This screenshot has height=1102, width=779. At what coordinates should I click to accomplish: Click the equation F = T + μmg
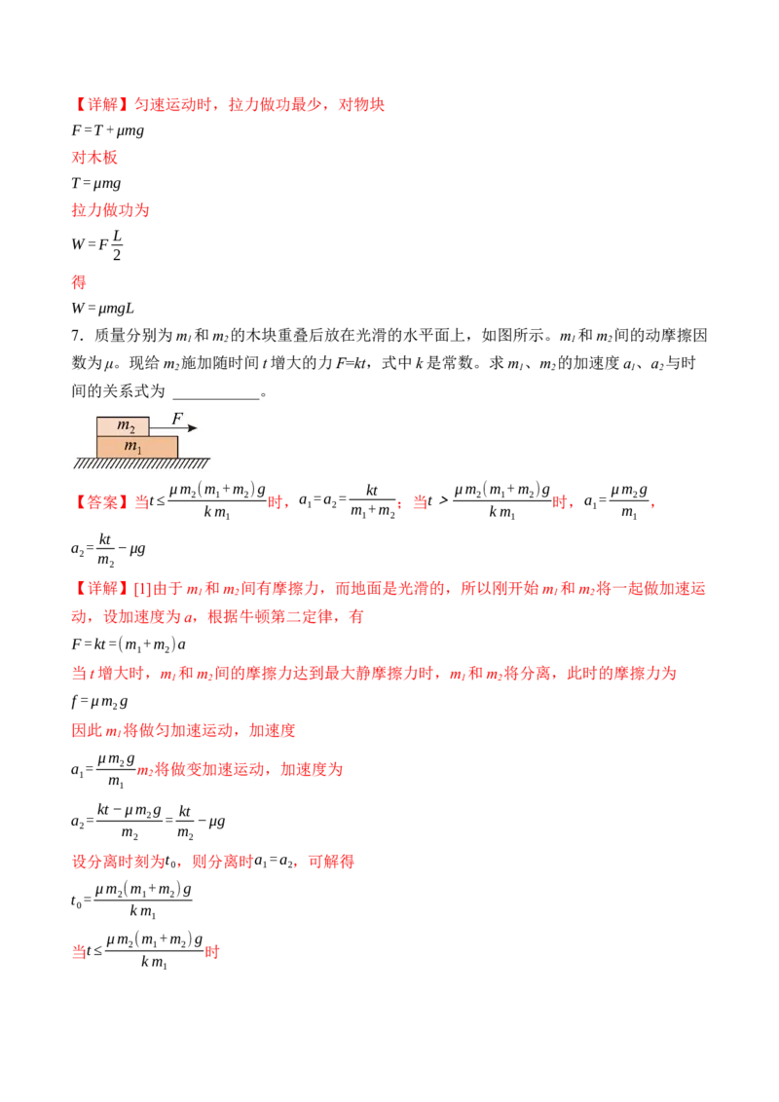(107, 130)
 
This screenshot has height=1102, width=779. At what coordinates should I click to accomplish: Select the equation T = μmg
(95, 183)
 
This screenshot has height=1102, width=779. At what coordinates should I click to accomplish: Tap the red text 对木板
(94, 157)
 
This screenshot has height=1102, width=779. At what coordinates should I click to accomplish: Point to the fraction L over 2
(117, 244)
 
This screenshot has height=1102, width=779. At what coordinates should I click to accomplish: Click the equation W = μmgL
(102, 308)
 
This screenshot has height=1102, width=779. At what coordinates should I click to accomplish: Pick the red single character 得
(79, 281)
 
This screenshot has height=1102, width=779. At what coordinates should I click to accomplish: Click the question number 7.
(77, 335)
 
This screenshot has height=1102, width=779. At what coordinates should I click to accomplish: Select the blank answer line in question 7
(216, 398)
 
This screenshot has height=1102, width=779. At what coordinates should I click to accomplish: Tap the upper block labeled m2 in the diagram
(123, 425)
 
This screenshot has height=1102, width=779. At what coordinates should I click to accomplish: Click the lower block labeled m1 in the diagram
(137, 447)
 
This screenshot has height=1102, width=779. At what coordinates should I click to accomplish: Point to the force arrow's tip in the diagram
(198, 427)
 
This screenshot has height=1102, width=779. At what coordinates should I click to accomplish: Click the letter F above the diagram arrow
(177, 419)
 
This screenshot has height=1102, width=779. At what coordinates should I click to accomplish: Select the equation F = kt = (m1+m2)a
(129, 644)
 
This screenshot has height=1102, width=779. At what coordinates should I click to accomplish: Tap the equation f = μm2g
(100, 701)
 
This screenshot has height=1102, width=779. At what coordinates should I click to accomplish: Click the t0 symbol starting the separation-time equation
(76, 901)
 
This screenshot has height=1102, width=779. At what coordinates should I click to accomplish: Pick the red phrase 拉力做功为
(110, 209)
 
